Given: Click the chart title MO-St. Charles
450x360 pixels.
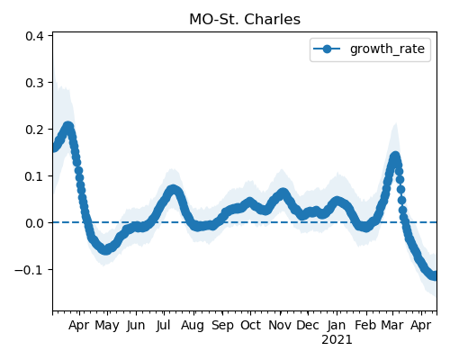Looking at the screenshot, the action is tap(245, 20).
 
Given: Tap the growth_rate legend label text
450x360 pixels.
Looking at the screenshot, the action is tap(387, 49).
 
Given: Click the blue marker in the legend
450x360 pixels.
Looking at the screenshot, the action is tap(327, 49).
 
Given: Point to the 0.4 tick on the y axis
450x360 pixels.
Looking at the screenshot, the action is tap(34, 36).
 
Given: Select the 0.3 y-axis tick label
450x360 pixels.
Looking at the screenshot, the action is tap(34, 83).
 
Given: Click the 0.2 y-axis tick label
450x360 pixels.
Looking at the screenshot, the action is tap(34, 130).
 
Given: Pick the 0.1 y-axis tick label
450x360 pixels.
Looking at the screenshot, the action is tap(34, 176).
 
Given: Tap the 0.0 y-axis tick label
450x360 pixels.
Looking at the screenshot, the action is tap(34, 223).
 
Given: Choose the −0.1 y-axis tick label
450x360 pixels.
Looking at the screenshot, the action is tap(30, 270).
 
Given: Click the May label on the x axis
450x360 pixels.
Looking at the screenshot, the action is tap(107, 326).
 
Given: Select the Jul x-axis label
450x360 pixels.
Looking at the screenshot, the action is tap(164, 325).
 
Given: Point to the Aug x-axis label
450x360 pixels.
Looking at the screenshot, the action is tap(193, 326).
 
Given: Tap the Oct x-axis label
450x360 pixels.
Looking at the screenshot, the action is tap(250, 325).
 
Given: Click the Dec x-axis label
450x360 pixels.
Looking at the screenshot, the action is tap(308, 325).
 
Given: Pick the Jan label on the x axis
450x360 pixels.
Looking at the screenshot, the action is tap(337, 325).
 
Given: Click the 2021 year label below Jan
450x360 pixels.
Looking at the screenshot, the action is tap(337, 340).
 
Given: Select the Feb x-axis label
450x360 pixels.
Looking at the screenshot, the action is tap(365, 325).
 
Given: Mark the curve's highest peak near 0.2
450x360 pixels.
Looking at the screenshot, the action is tap(68, 126).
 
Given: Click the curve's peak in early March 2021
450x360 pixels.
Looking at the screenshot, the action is tap(395, 157).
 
